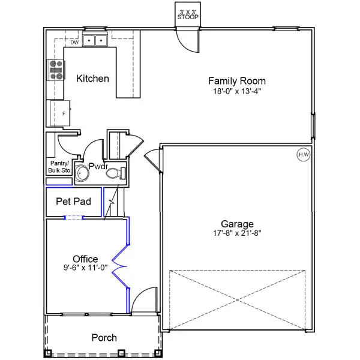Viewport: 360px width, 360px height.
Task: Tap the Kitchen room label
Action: point(92,79)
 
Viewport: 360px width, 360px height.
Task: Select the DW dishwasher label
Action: point(74,43)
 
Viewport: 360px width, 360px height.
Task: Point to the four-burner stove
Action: point(56,70)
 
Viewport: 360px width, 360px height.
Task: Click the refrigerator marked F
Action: point(63,112)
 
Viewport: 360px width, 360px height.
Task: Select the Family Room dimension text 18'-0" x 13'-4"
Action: point(236,91)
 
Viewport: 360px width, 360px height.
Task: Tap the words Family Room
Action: point(236,81)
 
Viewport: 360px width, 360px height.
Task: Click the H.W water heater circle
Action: point(303,155)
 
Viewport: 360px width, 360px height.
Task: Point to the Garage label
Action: point(236,223)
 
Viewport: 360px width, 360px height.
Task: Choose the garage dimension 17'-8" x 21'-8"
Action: point(236,233)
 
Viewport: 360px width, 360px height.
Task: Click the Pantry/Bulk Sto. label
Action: point(59,167)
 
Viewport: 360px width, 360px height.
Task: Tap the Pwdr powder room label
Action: point(98,166)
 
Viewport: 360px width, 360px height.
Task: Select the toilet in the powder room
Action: point(115,174)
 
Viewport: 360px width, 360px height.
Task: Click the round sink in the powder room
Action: point(83,174)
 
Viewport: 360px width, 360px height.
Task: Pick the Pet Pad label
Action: point(73,202)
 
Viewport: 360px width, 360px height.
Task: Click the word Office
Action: point(85,259)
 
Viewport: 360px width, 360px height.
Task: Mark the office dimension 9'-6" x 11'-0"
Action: point(85,268)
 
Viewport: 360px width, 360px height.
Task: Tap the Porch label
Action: point(104,338)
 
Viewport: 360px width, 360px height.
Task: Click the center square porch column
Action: point(121,353)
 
